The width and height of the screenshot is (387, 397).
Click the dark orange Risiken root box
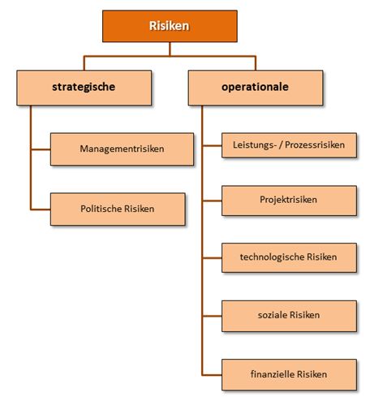point(170,26)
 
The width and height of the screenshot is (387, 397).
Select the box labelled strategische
point(84,88)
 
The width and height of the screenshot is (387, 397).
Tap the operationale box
point(256,88)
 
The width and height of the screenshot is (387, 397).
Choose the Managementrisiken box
point(122,149)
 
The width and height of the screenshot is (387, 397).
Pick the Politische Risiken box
point(118,209)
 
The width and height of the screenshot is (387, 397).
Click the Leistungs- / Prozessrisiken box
point(289,145)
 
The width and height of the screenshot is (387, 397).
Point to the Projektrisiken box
point(289,201)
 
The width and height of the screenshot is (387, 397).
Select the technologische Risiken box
point(289,257)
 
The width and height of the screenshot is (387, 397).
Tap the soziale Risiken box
point(289,316)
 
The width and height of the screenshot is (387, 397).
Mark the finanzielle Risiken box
point(289,374)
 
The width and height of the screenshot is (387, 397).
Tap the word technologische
point(272,257)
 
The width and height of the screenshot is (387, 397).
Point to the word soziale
point(272,315)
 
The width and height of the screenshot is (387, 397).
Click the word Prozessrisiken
point(315,145)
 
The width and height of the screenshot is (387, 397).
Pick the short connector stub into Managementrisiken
point(41,149)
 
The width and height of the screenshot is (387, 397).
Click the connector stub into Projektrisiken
point(212,201)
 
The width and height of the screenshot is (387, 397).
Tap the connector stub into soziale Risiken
point(212,316)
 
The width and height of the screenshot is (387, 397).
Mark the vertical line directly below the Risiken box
point(170,49)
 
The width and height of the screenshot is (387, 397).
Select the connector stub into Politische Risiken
point(41,209)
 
